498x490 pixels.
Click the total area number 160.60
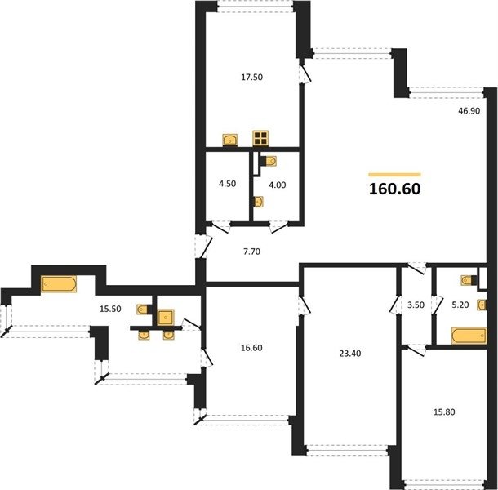[395, 189]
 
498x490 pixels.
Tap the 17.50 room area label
[252, 78]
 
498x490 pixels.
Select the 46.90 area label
[469, 111]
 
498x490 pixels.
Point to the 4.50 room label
[228, 184]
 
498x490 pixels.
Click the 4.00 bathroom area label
[278, 185]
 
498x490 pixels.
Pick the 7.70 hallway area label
[251, 252]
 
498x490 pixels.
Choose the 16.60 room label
[251, 348]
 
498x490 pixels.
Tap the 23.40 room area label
[350, 354]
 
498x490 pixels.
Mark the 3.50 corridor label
[416, 305]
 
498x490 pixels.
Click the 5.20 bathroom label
[460, 305]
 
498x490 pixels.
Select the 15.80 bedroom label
[444, 412]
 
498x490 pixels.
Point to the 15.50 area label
[110, 309]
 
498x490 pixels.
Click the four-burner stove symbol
[260, 138]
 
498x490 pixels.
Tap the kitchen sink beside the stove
[229, 140]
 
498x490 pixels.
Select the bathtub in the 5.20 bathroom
[469, 336]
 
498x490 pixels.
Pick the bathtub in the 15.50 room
[59, 283]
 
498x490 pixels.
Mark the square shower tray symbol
[166, 318]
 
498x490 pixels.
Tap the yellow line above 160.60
[395, 175]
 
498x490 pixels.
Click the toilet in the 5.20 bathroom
[467, 280]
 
